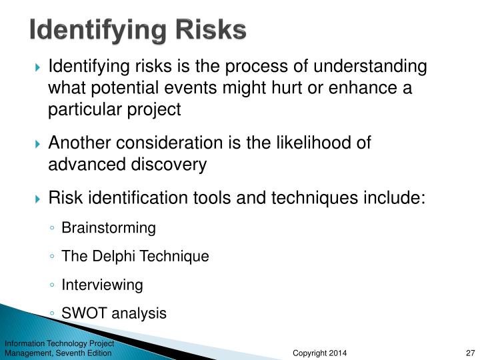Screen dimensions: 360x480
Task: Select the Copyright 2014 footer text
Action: point(320,352)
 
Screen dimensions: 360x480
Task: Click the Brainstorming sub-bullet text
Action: point(108,228)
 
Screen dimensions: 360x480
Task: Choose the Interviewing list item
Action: point(102,285)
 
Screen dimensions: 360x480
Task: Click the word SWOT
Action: point(81,313)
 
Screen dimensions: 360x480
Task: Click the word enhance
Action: point(380,88)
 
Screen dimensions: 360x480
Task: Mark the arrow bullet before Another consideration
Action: point(38,143)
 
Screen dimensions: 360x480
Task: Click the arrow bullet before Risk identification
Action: point(38,198)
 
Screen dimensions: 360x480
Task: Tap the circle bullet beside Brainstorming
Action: point(52,229)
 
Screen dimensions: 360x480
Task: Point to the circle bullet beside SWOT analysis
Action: point(52,314)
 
